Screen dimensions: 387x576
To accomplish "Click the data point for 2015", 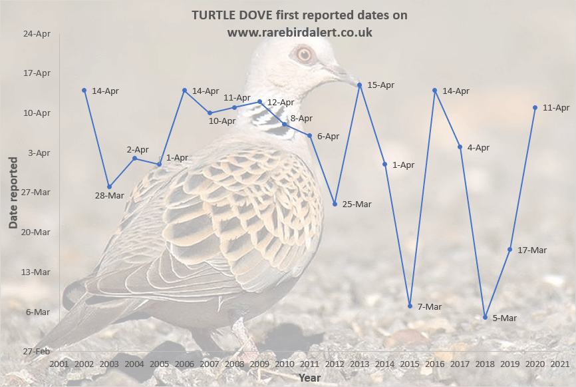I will (410, 306).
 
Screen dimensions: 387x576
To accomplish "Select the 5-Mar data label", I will (505, 318).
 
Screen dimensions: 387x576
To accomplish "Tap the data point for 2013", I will (360, 85).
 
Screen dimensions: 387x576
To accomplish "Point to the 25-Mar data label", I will (357, 204).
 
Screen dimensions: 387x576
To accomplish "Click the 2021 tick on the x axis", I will (560, 364).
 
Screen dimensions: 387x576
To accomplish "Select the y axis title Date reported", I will (13, 193).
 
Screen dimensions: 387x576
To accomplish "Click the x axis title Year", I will (309, 378).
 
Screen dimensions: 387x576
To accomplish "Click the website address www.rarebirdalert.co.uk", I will (299, 31).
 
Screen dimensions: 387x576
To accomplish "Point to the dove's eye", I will (304, 54).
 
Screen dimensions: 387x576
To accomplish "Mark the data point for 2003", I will (109, 187).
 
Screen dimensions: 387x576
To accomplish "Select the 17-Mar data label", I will (531, 250).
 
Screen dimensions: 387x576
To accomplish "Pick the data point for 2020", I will (535, 107).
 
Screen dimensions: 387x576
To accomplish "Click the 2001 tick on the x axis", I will (59, 364).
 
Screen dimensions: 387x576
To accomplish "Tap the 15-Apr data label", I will (380, 85).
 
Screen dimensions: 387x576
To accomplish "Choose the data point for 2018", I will (485, 317).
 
